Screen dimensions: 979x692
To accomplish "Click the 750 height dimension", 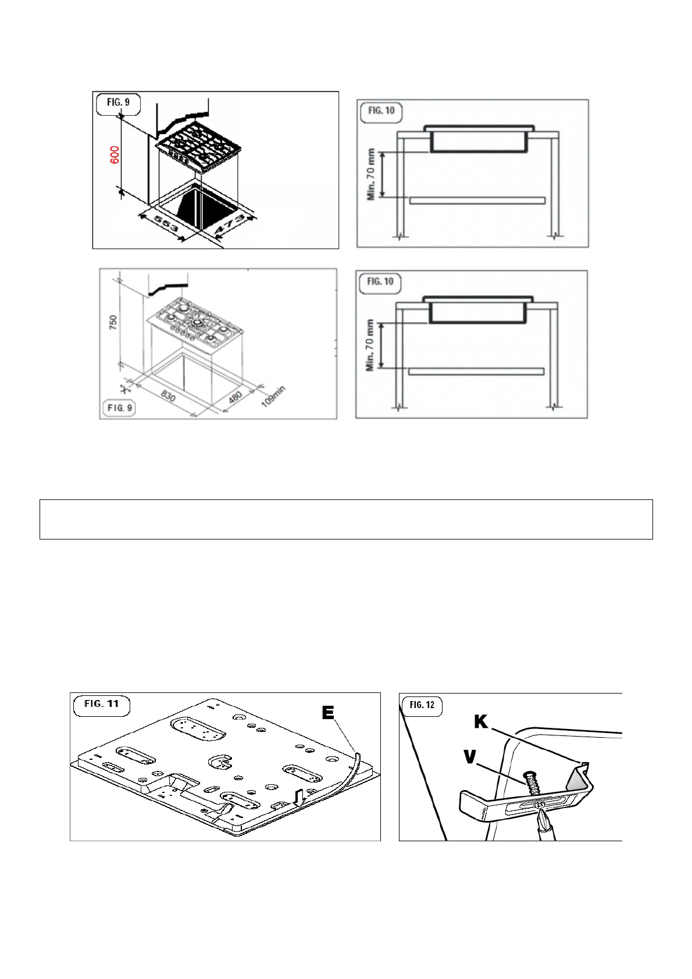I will tap(113, 324).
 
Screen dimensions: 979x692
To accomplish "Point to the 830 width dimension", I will tap(168, 397).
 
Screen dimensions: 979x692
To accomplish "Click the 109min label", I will tap(273, 396).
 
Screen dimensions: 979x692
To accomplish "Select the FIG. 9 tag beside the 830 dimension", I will tap(120, 408).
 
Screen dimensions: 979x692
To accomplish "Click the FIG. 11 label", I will tap(102, 704).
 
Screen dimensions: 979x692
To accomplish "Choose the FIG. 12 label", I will tap(422, 705).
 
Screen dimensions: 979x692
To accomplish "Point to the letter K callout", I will tap(481, 721).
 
